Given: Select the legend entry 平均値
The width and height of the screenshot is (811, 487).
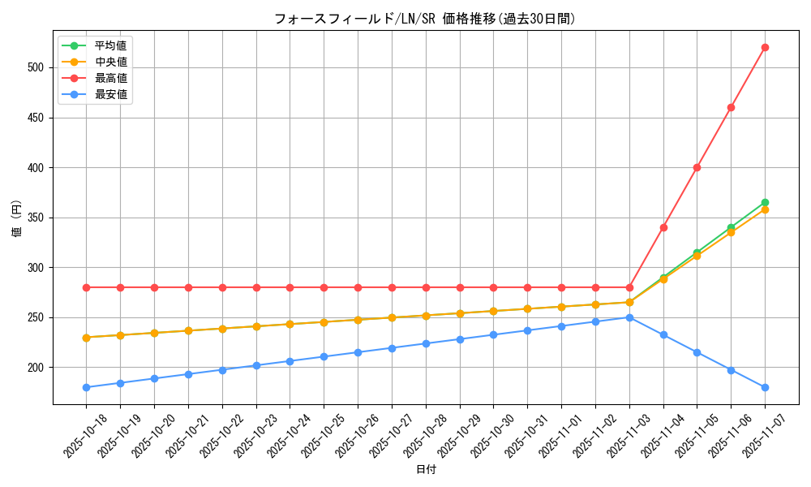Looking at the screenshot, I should [x=110, y=45].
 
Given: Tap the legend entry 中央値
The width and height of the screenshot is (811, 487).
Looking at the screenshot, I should [x=110, y=62].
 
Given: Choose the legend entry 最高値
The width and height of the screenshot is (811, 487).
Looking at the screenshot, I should [x=110, y=78].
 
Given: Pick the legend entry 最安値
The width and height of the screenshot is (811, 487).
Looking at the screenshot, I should [x=110, y=94].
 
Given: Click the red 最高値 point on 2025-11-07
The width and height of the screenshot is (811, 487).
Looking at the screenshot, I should [x=765, y=47].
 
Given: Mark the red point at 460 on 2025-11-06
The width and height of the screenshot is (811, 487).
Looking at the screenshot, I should [x=731, y=107].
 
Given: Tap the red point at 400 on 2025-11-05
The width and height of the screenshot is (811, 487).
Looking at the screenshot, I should [x=697, y=167].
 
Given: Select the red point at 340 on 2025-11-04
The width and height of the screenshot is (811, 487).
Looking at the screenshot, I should [x=663, y=227].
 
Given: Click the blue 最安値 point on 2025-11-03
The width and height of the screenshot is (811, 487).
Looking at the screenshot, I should [x=629, y=317].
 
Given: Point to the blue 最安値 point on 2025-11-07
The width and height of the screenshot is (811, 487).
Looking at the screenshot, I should [x=765, y=387].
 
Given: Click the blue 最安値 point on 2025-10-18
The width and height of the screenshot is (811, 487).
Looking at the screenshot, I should [x=86, y=387].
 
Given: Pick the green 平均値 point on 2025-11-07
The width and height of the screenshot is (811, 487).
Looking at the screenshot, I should [x=765, y=202].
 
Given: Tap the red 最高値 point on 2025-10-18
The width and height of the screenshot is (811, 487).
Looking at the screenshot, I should [x=86, y=287].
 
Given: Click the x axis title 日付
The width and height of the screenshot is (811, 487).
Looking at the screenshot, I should [x=426, y=469].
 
